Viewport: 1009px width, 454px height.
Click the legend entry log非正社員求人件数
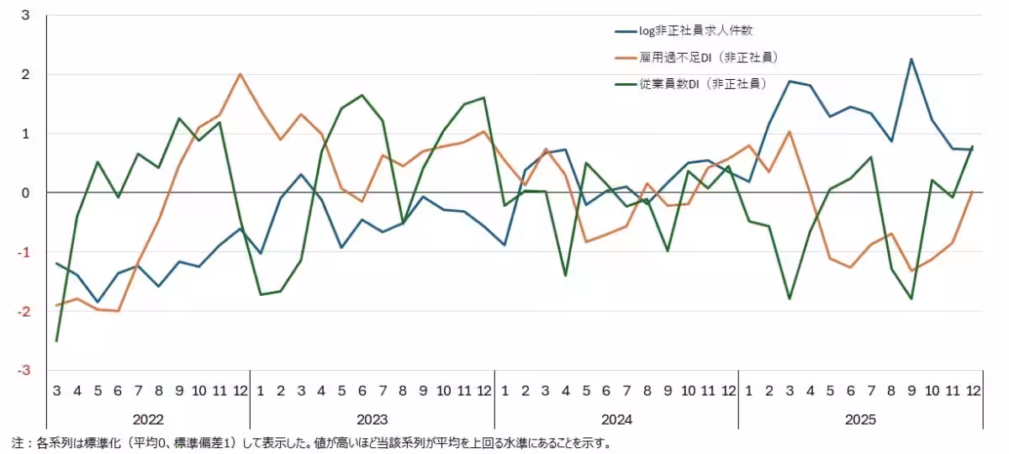[x=684, y=30]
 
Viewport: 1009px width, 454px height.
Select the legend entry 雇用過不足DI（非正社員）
[x=697, y=58]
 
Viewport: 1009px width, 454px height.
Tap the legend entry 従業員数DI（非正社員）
[x=691, y=84]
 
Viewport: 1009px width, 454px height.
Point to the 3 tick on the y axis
[x=25, y=15]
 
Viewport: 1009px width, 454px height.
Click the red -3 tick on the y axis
[x=24, y=370]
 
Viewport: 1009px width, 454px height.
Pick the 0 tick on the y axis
[x=25, y=193]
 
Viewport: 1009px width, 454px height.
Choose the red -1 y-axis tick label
[x=24, y=252]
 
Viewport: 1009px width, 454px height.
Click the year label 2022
[x=148, y=420]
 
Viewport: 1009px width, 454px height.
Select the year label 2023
[x=372, y=420]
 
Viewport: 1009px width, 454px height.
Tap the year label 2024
[x=616, y=420]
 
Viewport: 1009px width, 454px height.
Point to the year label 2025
[x=860, y=420]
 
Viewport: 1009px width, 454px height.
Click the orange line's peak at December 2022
[x=240, y=73]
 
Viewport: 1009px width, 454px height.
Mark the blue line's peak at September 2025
[x=911, y=59]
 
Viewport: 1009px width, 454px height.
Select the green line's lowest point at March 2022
[x=56, y=341]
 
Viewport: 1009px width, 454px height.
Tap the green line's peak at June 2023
[x=362, y=95]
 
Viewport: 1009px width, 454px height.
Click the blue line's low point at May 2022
[x=98, y=302]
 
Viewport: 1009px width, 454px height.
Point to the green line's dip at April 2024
[x=566, y=276]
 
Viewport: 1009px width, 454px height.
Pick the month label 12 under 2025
[x=973, y=390]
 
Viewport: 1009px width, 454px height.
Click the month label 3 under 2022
[x=57, y=390]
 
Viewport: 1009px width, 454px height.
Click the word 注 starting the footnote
[x=17, y=443]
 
